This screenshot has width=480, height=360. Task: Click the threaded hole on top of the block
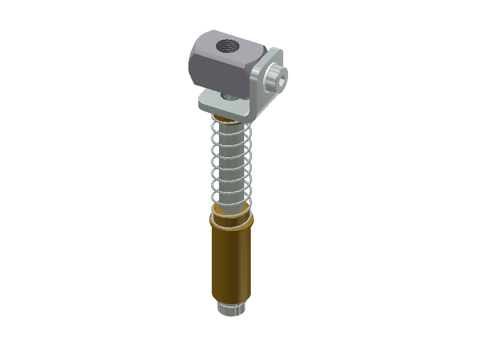tap(228, 45)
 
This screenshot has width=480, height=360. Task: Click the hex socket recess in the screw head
tap(283, 76)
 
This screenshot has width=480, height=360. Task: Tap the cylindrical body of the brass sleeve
tap(231, 264)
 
